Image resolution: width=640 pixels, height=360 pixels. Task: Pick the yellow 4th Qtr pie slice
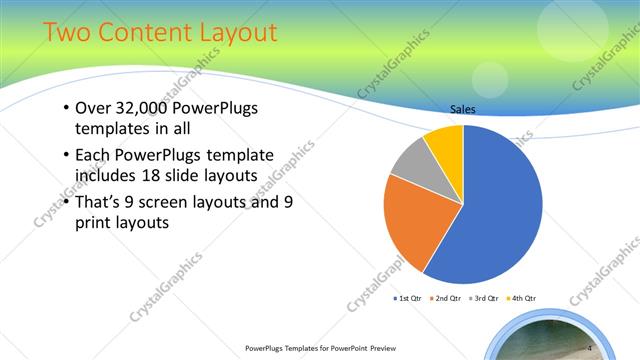446,146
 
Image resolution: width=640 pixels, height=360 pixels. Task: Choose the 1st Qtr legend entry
407,298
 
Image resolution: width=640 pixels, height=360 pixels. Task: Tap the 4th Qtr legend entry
523,298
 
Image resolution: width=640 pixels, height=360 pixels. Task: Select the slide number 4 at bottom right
590,347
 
